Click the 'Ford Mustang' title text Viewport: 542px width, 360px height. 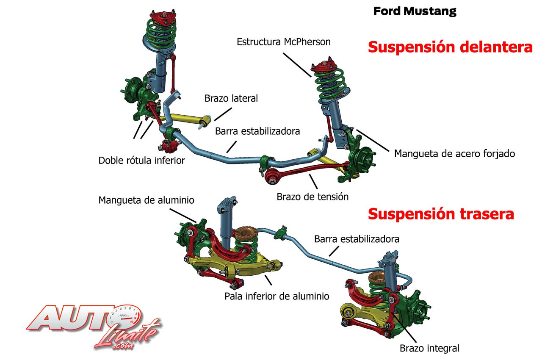(415, 11)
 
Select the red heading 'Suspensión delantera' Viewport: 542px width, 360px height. (450, 47)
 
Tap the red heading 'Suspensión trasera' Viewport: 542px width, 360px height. (441, 214)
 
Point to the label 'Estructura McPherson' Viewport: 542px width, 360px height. (283, 42)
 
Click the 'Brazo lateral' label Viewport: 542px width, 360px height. (231, 99)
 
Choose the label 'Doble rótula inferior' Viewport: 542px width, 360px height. (141, 161)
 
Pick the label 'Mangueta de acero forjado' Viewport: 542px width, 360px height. (454, 153)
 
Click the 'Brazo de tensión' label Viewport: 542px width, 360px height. (312, 197)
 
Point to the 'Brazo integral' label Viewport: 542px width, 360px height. (429, 349)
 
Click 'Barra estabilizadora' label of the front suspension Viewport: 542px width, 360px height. (257, 131)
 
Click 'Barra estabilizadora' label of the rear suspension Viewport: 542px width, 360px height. (357, 239)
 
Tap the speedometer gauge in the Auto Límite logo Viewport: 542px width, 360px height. (123, 316)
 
